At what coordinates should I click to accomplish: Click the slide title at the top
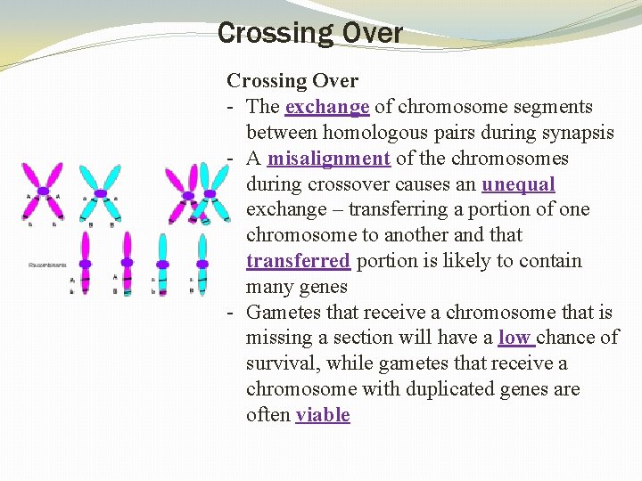tap(310, 34)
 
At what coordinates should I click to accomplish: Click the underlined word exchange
tap(327, 107)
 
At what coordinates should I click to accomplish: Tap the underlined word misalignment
tap(328, 159)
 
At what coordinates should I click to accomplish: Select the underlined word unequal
tap(518, 184)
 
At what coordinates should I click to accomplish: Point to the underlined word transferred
tap(298, 261)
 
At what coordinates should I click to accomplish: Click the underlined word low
tap(514, 338)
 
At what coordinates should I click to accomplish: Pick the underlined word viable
tap(323, 415)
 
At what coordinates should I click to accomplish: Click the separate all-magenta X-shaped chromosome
tap(44, 192)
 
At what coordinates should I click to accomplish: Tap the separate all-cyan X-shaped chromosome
tap(101, 192)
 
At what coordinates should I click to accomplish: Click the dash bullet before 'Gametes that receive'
tap(231, 313)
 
